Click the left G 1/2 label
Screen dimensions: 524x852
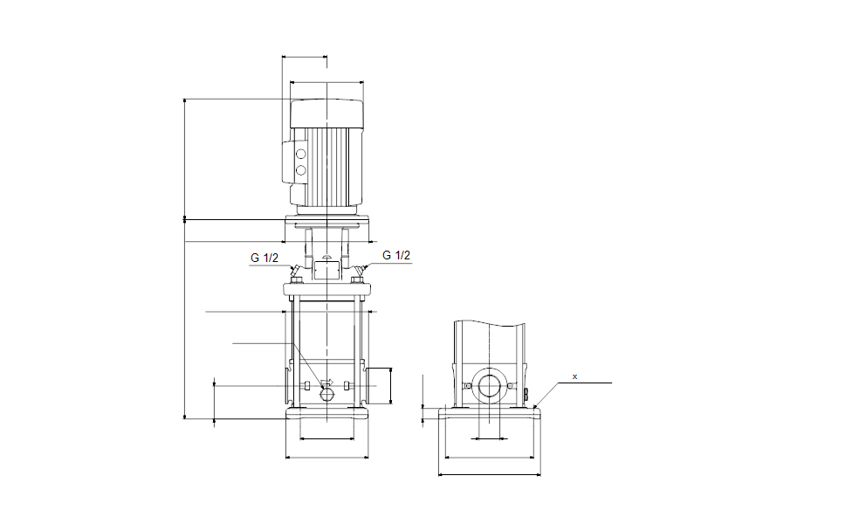(x=265, y=258)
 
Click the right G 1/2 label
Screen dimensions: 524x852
(x=396, y=255)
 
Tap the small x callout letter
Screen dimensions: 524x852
(x=574, y=376)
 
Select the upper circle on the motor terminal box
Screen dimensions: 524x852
(x=302, y=155)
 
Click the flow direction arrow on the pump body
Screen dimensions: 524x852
(x=327, y=383)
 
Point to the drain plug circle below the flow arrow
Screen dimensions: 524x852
(x=326, y=395)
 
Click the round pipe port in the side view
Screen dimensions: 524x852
(x=489, y=387)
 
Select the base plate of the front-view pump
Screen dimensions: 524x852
(x=326, y=413)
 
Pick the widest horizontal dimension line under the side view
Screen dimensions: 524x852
(x=489, y=475)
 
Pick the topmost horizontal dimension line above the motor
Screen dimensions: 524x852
(x=305, y=58)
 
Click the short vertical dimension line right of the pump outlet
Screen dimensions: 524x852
(x=390, y=385)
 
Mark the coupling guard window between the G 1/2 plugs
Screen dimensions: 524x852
(x=326, y=270)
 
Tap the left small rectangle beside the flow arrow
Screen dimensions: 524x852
(x=307, y=386)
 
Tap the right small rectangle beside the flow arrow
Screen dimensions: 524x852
(x=347, y=386)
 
